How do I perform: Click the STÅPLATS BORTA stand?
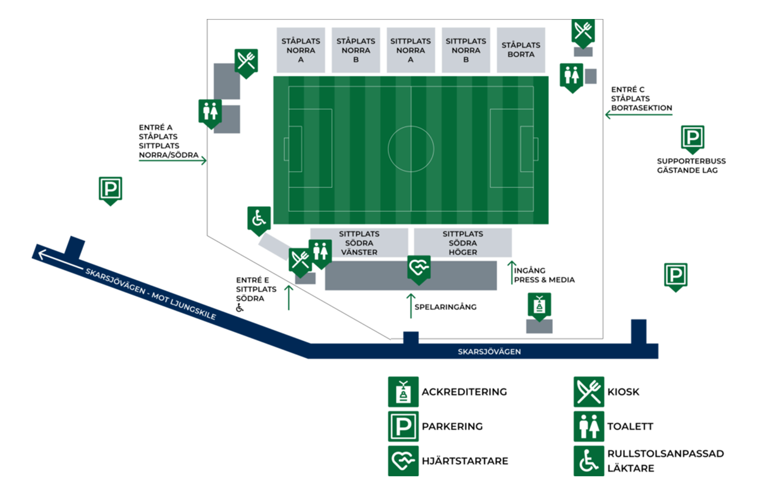pos(521,50)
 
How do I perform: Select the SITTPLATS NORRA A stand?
pos(410,50)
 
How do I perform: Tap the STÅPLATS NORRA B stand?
pos(355,50)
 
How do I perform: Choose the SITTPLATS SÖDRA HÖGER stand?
pos(463,243)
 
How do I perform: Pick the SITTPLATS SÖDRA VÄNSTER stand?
pos(359,243)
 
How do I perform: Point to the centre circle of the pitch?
pos(388,149)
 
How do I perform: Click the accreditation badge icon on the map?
pos(540,307)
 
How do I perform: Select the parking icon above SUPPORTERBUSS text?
pos(693,139)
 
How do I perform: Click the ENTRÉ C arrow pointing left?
pos(639,115)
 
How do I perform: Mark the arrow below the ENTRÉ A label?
pos(173,160)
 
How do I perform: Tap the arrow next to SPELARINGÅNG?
pos(411,306)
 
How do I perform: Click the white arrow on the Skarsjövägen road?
pos(61,261)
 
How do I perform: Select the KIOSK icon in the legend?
pos(589,392)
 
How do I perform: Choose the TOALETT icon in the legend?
pos(589,426)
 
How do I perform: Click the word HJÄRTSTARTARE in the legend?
pos(465,461)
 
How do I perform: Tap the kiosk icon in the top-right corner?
pos(583,33)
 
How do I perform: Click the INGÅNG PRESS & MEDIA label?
pos(544,275)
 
